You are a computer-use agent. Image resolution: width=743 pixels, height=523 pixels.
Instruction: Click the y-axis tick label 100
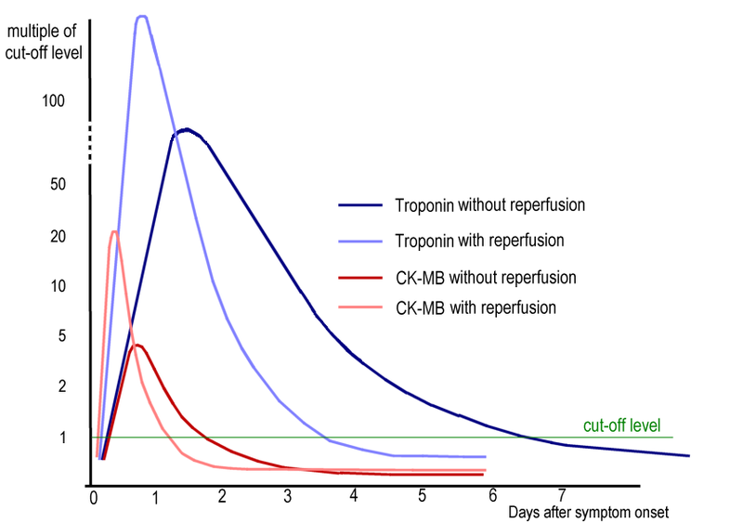pyautogui.click(x=55, y=99)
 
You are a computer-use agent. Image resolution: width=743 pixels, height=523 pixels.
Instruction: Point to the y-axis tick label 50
pyautogui.click(x=58, y=184)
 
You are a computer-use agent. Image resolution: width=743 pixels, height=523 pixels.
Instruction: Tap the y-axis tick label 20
pyautogui.click(x=58, y=237)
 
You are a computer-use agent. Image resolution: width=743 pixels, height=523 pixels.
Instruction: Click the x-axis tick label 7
pyautogui.click(x=561, y=494)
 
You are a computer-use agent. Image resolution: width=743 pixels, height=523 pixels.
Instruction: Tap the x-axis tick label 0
pyautogui.click(x=94, y=497)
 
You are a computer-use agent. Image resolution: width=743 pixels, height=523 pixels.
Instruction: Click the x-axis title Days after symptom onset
pyautogui.click(x=588, y=512)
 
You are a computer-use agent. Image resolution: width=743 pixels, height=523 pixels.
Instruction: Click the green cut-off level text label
pyautogui.click(x=621, y=426)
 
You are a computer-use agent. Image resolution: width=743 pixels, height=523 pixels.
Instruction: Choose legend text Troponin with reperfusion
pyautogui.click(x=479, y=240)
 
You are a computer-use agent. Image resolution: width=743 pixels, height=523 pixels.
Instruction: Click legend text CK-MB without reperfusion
pyautogui.click(x=486, y=277)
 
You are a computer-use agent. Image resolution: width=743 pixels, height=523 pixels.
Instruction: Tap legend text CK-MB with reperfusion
pyautogui.click(x=476, y=307)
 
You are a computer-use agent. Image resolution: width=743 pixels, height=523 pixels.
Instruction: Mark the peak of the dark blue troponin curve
pyautogui.click(x=187, y=129)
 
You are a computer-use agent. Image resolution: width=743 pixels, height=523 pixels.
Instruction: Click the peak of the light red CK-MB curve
pyautogui.click(x=113, y=231)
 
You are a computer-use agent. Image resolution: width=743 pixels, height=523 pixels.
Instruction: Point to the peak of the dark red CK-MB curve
pyautogui.click(x=137, y=345)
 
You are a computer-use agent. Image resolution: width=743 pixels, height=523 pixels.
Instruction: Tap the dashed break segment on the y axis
pyautogui.click(x=90, y=145)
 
